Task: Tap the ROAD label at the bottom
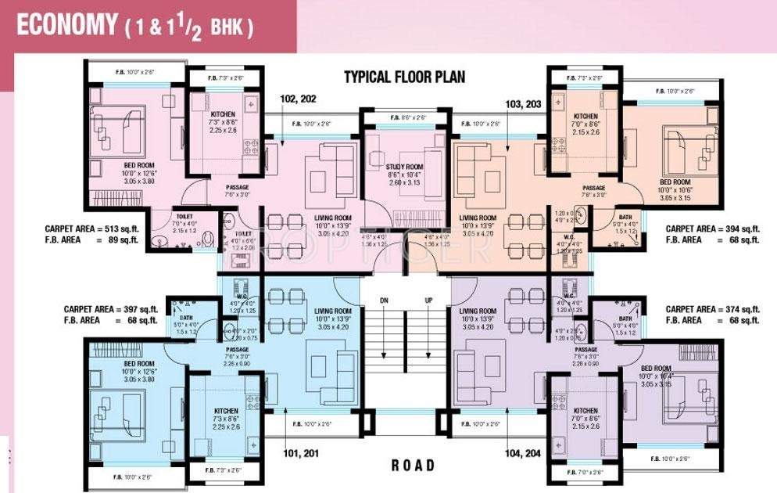[413, 465]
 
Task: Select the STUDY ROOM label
[404, 167]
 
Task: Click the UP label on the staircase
[428, 300]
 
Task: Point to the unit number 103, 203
[509, 103]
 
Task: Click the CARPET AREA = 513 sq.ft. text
[91, 229]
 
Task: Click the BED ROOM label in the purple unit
[656, 368]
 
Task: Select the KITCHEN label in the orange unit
[585, 116]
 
